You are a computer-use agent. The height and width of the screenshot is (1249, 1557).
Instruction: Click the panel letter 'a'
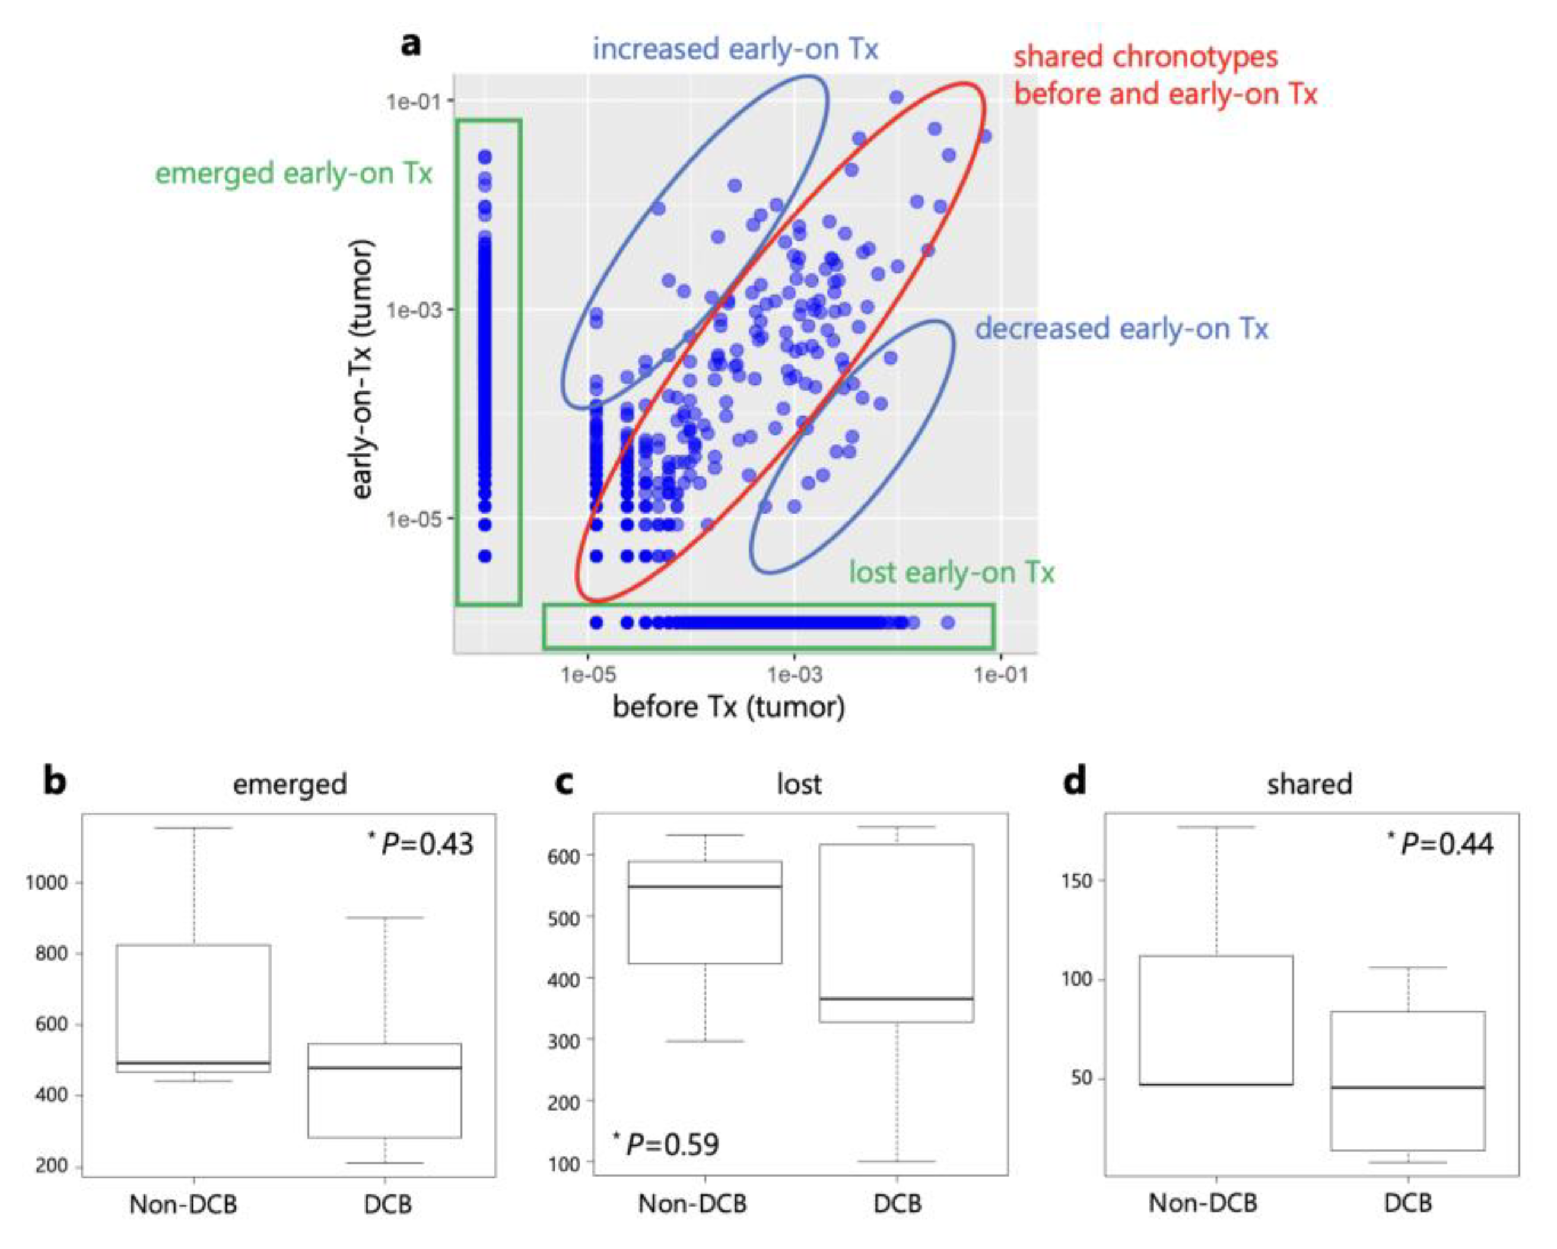coord(410,44)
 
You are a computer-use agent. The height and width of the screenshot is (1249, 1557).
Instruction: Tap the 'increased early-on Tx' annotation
coord(735,50)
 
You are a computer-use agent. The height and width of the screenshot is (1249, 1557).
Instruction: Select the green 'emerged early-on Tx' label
coord(294,174)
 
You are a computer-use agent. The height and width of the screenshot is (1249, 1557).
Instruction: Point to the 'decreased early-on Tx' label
coord(1121,329)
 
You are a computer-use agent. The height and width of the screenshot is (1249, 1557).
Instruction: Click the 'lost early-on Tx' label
coord(951,572)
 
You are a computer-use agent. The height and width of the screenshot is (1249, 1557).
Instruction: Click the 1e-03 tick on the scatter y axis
coord(413,310)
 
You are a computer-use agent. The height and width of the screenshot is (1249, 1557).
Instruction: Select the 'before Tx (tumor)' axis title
coord(729,707)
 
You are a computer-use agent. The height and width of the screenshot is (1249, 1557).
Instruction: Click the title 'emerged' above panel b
coord(290,785)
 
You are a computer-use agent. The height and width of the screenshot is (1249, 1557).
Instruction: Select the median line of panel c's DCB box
coord(896,999)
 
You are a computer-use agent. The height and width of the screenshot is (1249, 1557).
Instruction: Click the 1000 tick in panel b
coord(47,883)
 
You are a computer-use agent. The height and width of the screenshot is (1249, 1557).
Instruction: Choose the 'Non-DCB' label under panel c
coord(692,1203)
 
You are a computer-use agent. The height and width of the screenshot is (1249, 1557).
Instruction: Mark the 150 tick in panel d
coord(1077,881)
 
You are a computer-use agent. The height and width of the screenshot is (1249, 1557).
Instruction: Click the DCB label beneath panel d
coord(1407,1203)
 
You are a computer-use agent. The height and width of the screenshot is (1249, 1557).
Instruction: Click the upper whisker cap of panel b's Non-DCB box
coord(193,828)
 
